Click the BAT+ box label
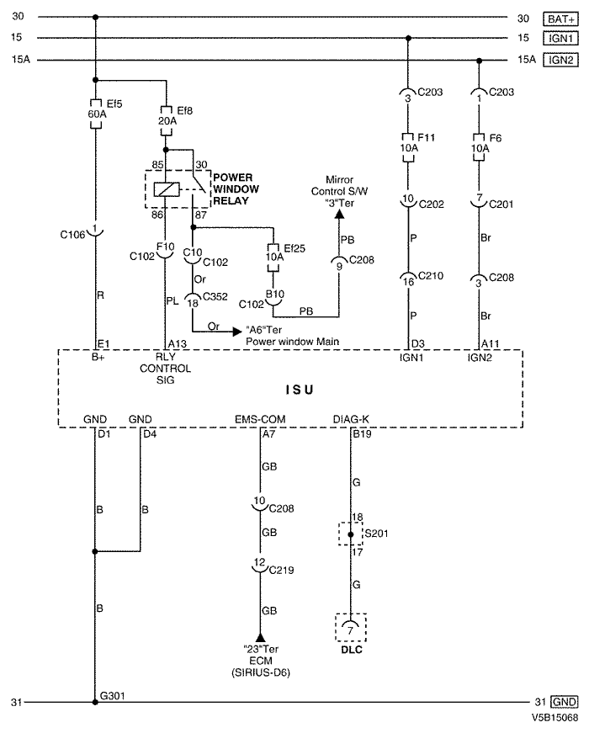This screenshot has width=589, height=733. [560, 19]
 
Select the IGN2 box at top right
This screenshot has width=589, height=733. [560, 60]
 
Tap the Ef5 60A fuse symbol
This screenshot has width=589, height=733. [95, 114]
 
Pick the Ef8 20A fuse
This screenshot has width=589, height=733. [166, 120]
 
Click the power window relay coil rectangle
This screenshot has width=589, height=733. [166, 189]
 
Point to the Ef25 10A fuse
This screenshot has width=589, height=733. [273, 258]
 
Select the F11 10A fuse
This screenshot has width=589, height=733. [408, 148]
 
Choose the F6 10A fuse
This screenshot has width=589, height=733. [479, 148]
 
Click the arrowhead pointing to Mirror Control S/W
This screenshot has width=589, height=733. [339, 214]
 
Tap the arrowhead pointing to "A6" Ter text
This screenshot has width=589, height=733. [237, 332]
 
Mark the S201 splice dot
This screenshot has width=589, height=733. [351, 534]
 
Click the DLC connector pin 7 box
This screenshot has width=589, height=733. [351, 627]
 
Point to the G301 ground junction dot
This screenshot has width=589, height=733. [95, 702]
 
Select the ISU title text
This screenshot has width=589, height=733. [300, 390]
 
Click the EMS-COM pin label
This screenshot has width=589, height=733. [260, 419]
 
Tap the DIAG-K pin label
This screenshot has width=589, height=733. [351, 419]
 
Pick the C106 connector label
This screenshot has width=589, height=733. [72, 235]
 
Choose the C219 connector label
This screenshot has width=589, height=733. [281, 570]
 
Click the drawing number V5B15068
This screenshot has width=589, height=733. [555, 717]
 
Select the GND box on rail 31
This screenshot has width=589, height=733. [565, 702]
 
